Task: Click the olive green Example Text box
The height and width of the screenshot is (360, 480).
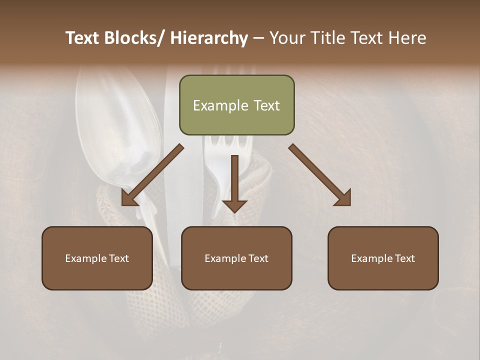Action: coord(236,105)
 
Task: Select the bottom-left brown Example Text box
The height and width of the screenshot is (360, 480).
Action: coord(97,258)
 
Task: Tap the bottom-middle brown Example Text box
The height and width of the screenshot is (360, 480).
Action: coord(236,258)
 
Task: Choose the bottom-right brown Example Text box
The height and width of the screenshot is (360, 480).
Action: coord(383,258)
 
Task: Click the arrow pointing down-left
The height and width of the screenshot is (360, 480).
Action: coord(152,175)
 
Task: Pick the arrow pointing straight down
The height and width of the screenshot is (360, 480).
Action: coord(234,182)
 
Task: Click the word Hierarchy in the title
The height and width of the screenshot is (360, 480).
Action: coord(209,38)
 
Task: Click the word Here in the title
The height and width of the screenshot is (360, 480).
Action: coord(407,38)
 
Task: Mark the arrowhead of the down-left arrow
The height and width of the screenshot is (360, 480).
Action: coord(129,199)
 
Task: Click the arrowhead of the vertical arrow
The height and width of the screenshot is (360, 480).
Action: coord(234,205)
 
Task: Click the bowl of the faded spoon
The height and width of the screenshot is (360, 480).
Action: coord(120,120)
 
